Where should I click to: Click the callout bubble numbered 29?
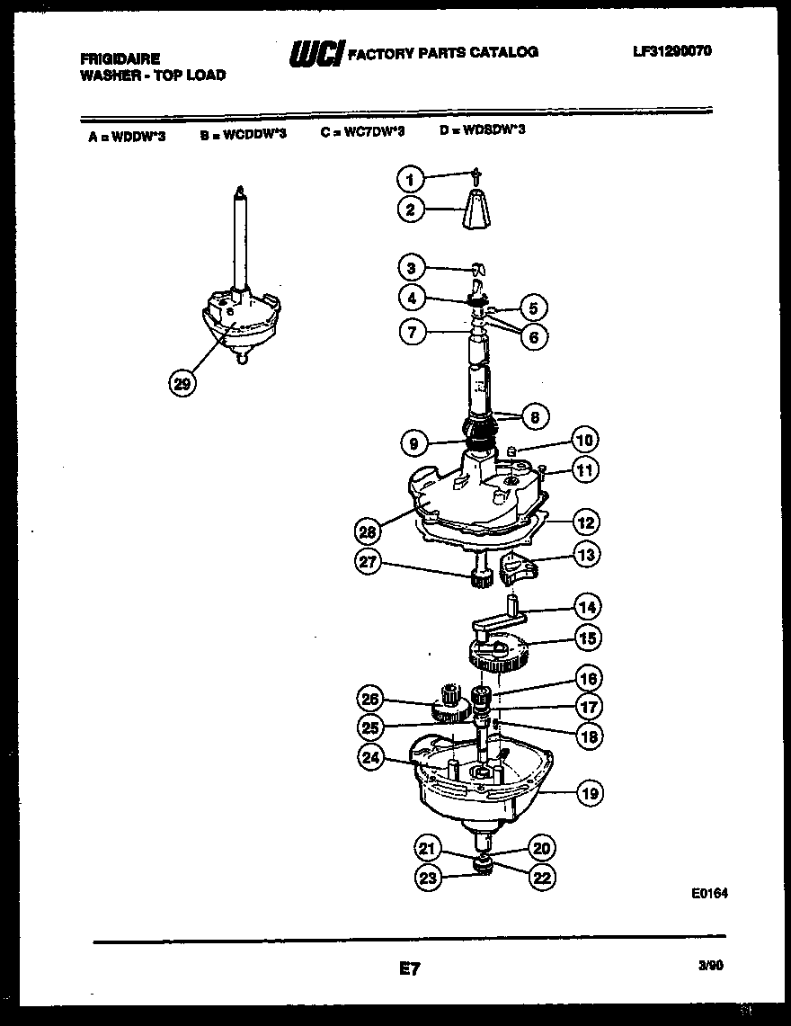click(x=182, y=384)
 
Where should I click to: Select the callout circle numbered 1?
click(x=410, y=180)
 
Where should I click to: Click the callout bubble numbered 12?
click(x=586, y=522)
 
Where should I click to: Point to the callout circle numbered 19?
click(x=589, y=793)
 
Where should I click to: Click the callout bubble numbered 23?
click(x=429, y=878)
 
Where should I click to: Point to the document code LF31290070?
click(x=671, y=51)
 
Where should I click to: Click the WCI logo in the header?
click(x=316, y=55)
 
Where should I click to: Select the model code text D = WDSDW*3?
click(x=482, y=130)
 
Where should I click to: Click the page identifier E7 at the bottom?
click(x=408, y=969)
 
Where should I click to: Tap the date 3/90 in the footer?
click(x=709, y=966)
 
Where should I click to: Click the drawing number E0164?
click(x=709, y=894)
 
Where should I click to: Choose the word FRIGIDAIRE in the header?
click(x=120, y=58)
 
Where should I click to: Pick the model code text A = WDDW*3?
click(x=127, y=137)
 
